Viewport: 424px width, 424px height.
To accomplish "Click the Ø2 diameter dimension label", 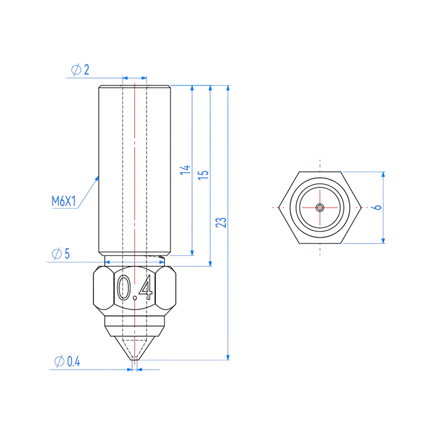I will coord(81,70).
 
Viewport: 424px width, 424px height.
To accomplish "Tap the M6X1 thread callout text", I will coord(64,201).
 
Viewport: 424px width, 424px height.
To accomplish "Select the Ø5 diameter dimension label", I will coord(61,254).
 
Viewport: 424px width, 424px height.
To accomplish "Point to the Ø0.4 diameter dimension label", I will coord(67,362).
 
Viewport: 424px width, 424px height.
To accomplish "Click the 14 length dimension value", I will coord(185,170).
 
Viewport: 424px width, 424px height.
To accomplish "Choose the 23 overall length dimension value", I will coord(221,223).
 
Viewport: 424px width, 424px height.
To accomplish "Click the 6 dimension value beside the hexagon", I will coord(378,207).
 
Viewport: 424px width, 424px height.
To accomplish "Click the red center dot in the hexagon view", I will coord(320,207).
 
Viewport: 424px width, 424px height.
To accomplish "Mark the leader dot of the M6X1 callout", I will coord(97,179).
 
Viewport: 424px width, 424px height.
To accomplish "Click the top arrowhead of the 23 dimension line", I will coord(228,89).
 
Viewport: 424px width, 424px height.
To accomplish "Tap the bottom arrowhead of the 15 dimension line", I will coord(210,263).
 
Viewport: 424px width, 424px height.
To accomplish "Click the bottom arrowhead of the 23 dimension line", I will coord(228,357).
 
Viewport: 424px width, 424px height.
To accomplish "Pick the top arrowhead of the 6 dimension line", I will coord(383,175).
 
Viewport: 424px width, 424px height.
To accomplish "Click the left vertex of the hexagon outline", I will coord(279,207).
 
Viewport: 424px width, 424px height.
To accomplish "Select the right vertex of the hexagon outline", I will coord(361,207).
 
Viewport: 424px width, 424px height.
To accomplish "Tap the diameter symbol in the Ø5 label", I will coord(56,254).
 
